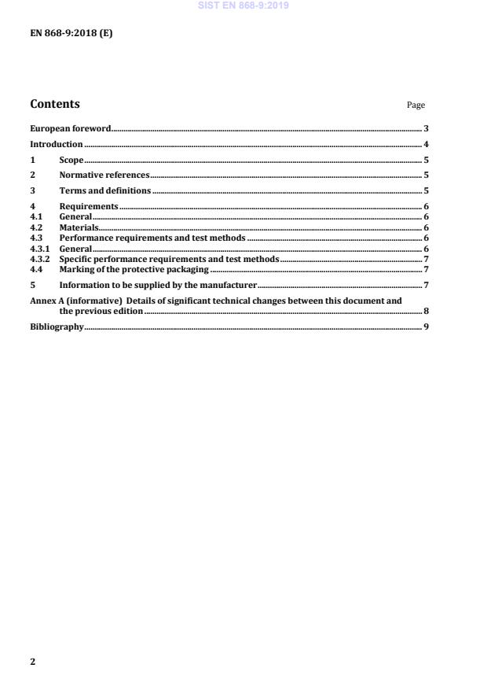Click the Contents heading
[x=55, y=104]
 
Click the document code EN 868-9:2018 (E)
[x=71, y=35]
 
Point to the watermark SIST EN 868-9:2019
[x=243, y=6]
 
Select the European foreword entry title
[x=71, y=128]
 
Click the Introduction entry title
[x=57, y=145]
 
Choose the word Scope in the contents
[x=71, y=161]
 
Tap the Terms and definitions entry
[x=105, y=191]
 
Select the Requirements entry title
[x=89, y=207]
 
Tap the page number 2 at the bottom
[x=33, y=662]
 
